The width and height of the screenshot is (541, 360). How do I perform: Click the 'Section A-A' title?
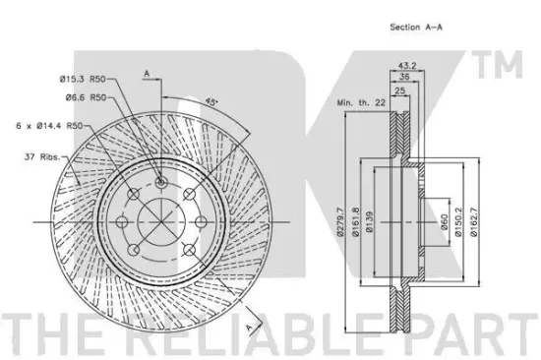coord(416,27)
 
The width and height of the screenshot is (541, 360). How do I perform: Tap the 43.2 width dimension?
coord(407,65)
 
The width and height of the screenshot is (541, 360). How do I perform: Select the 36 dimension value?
coord(404,77)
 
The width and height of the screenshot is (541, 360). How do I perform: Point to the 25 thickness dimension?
coord(399,90)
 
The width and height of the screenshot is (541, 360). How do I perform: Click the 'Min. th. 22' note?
coord(361,102)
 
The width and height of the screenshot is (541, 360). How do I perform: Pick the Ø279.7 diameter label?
coord(340,222)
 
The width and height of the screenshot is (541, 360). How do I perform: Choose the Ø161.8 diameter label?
coord(355,222)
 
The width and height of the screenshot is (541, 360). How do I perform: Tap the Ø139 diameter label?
coord(369,222)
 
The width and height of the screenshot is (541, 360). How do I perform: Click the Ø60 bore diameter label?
coord(444,222)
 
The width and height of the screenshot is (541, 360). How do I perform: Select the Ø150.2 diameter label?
coord(458,222)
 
